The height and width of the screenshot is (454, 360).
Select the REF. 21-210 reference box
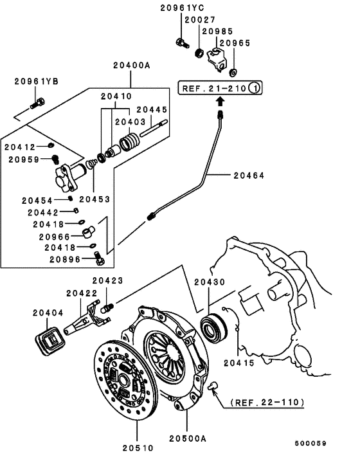(221, 88)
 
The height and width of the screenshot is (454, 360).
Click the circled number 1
(255, 88)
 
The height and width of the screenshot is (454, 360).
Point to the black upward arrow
(221, 102)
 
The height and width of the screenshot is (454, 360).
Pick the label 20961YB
(37, 81)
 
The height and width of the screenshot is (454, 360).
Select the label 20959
(21, 159)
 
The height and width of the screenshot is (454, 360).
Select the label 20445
(151, 109)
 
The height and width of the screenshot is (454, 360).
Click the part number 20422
(82, 293)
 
